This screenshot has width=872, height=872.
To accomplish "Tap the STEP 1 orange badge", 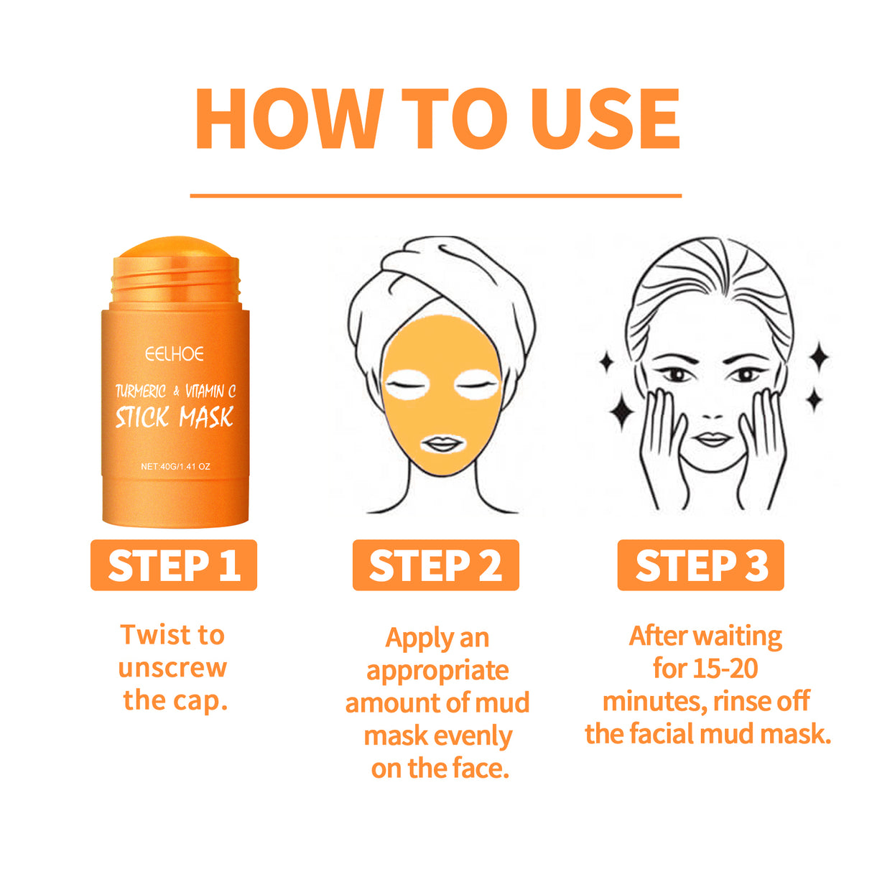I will click(x=174, y=565).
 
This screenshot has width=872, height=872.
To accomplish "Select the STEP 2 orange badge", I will click(x=435, y=565).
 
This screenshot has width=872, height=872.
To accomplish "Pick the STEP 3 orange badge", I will click(x=700, y=565).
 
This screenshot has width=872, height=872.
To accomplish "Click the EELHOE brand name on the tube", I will click(x=175, y=354).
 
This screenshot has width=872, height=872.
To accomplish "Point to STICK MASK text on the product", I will click(x=175, y=417).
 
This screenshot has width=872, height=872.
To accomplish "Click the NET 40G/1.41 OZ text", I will click(x=175, y=467).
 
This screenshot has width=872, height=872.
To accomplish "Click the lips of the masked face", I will click(x=441, y=444).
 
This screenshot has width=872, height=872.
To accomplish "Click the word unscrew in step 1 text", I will click(x=172, y=668).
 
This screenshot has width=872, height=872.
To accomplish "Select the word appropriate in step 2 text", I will click(x=437, y=671).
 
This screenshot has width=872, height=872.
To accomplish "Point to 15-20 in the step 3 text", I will click(x=725, y=669).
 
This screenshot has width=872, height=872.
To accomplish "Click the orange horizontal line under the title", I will click(x=435, y=195).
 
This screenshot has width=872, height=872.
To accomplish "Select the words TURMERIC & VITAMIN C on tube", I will click(x=175, y=391).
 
